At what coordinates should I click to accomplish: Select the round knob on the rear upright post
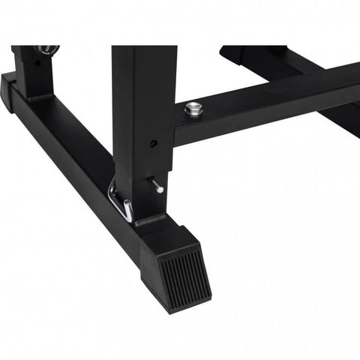[x=47, y=50]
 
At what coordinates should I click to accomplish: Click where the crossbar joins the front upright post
[x=178, y=124]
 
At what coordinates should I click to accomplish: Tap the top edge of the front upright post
[x=144, y=47]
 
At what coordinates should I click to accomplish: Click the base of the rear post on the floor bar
[x=31, y=96]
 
